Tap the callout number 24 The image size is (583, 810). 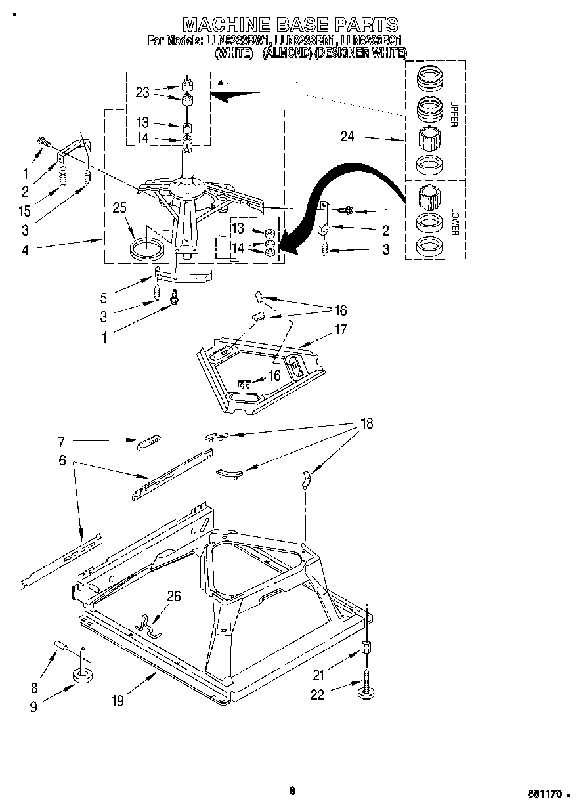348,137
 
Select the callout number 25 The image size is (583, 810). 119,208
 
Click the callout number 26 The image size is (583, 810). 173,597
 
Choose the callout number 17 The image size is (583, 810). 340,330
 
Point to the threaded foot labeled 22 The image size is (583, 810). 366,689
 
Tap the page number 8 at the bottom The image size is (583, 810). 292,791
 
